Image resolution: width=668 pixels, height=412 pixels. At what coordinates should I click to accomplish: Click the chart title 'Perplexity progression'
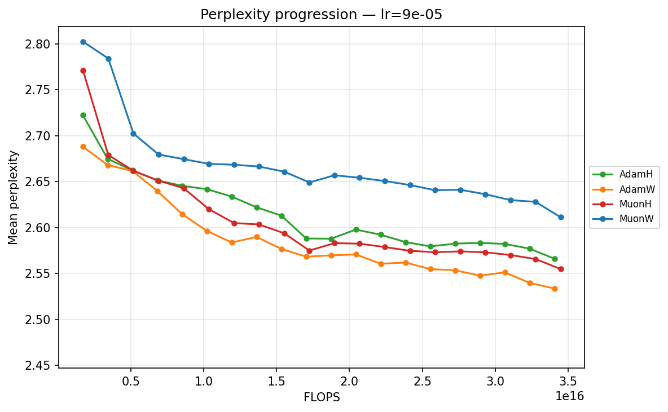coord(321,15)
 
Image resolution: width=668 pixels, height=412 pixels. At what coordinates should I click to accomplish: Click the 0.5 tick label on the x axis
coord(131,380)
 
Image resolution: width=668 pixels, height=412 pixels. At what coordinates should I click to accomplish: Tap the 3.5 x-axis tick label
coord(568,380)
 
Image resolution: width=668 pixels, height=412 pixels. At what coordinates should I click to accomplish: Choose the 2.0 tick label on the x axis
coord(349,380)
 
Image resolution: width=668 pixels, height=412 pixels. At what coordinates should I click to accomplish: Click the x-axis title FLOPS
coord(322,397)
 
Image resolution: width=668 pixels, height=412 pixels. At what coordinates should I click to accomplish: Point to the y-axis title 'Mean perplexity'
coord(14,197)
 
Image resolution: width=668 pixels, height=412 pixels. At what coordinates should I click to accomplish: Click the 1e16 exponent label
coord(570,396)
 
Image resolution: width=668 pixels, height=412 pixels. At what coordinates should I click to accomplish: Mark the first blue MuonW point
coord(83,42)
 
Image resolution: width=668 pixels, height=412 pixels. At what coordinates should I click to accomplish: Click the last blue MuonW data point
coord(561,217)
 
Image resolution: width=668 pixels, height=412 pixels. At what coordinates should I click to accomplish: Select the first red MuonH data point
coord(83,70)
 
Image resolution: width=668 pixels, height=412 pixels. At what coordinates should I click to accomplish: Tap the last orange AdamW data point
coord(555,289)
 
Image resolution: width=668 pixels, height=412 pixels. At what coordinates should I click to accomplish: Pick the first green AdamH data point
coord(83,115)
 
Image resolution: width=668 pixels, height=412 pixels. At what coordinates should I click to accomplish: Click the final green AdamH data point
coord(555,259)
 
